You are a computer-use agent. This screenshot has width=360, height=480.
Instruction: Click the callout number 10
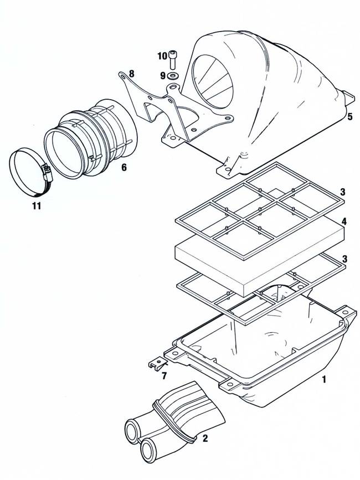coord(162,56)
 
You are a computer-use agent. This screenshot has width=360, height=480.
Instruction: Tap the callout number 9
coord(163,76)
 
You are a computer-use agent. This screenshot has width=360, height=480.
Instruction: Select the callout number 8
coord(131,74)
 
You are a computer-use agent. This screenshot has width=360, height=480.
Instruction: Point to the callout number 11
coord(37,206)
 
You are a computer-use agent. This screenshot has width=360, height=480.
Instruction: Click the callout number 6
coord(124,167)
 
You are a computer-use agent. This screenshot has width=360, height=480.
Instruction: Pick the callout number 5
coord(350,117)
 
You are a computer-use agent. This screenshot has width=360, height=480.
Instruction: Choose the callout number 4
coord(344,221)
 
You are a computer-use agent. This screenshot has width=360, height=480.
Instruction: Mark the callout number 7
coord(164,375)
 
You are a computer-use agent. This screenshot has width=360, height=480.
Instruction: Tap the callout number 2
coord(205,438)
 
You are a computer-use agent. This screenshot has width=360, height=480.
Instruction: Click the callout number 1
coord(324,380)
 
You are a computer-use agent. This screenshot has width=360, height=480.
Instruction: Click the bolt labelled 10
coord(173,60)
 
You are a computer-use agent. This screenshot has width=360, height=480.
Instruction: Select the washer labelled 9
coord(173,76)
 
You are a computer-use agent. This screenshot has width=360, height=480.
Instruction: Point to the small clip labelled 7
coord(158,364)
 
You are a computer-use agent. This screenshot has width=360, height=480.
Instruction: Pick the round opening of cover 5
coord(212,82)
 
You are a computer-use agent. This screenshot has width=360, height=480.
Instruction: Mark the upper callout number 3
coord(343,192)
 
